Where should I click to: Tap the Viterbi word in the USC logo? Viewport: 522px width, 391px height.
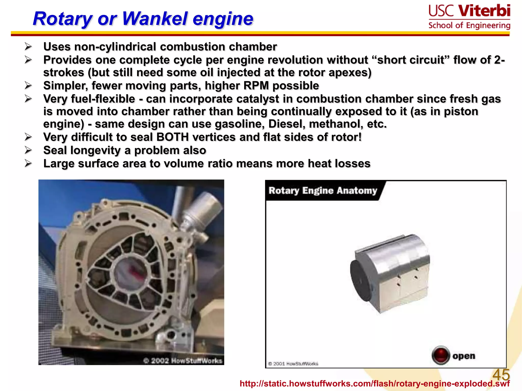pos(484,11)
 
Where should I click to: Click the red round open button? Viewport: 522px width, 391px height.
pos(440,355)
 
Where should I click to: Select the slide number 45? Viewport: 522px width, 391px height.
pos(501,375)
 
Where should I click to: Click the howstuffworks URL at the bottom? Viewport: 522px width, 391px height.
pos(375,384)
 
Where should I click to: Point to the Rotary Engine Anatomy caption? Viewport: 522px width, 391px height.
pos(323,191)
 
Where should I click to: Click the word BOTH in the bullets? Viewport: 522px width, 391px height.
pos(172,137)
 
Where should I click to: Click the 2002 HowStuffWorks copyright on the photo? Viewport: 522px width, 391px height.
pos(182,361)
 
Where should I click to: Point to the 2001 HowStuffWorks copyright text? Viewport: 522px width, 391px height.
pos(293,364)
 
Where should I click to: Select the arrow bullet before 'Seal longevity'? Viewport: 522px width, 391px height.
pos(28,150)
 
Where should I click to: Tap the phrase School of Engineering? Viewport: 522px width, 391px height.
pos(469,25)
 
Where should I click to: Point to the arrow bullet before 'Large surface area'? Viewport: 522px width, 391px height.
pos(28,163)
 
